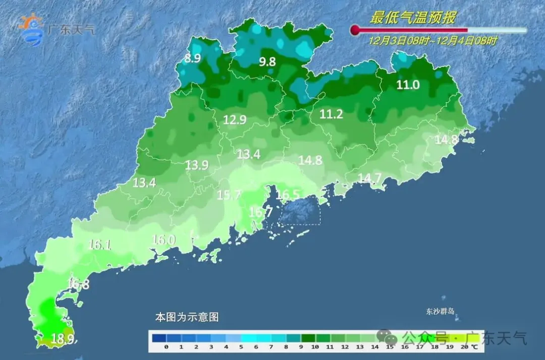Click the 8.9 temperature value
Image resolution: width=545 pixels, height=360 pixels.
192,58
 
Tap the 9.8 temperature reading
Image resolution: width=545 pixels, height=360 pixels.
267,62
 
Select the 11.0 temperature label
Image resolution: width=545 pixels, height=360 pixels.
408,85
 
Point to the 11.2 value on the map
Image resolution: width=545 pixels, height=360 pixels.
331,115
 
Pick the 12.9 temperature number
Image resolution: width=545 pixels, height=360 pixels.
235,120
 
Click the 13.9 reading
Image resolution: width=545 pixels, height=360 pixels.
197,165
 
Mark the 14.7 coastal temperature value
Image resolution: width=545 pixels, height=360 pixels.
370,177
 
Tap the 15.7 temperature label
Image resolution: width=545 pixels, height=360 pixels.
230,195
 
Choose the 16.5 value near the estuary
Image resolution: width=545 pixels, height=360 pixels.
288,194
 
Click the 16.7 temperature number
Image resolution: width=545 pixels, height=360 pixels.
260,212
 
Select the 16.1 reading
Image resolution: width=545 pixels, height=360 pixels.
99,245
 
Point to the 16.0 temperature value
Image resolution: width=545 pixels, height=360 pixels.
163,240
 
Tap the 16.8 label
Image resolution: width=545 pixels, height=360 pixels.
78,284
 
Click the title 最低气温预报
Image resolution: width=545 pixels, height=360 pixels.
413,19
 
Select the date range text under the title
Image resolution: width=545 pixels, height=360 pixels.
432,41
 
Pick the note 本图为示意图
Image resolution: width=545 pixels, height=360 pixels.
187,318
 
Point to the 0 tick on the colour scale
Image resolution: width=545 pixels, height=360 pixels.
166,347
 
